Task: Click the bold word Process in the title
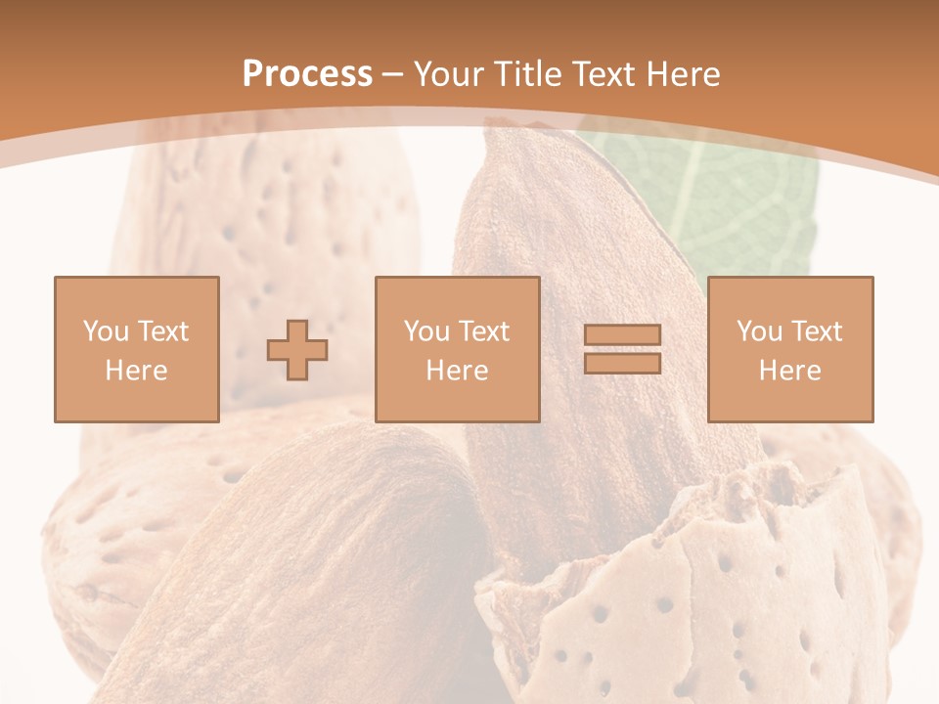click(307, 74)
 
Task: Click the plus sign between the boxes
click(297, 350)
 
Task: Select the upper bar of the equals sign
click(622, 334)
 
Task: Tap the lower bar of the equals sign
click(622, 364)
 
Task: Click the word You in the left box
click(106, 331)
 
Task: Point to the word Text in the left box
click(162, 331)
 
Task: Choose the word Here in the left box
click(136, 371)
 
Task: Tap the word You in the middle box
click(426, 331)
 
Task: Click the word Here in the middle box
click(457, 371)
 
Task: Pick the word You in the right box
click(759, 331)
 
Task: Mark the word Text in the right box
click(816, 331)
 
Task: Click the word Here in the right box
click(789, 371)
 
